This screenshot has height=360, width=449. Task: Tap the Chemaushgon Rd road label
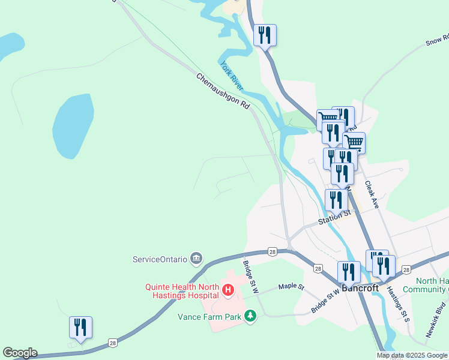[x=223, y=91]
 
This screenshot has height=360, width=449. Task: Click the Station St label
[x=334, y=217]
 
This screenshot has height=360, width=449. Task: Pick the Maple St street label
[x=292, y=287]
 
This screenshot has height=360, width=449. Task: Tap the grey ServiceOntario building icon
[x=196, y=259]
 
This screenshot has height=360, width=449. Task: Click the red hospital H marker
[x=228, y=291]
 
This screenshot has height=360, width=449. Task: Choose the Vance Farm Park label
[x=209, y=316]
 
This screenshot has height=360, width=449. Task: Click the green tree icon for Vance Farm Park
[x=250, y=316]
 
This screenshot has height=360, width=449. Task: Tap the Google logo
[x=20, y=353]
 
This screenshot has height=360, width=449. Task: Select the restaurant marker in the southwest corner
[x=80, y=328]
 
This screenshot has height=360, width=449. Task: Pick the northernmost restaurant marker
[x=265, y=35]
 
